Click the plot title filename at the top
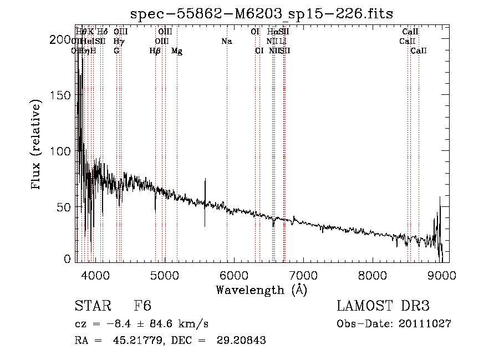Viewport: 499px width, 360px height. (261, 13)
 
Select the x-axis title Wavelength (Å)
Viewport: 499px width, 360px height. (261, 290)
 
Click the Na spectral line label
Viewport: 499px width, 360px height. (226, 41)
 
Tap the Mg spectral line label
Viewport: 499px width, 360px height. (177, 51)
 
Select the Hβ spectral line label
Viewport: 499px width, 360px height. (155, 51)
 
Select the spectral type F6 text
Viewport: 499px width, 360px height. (142, 306)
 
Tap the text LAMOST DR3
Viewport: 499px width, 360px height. (383, 306)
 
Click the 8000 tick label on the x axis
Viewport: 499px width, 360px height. (373, 275)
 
